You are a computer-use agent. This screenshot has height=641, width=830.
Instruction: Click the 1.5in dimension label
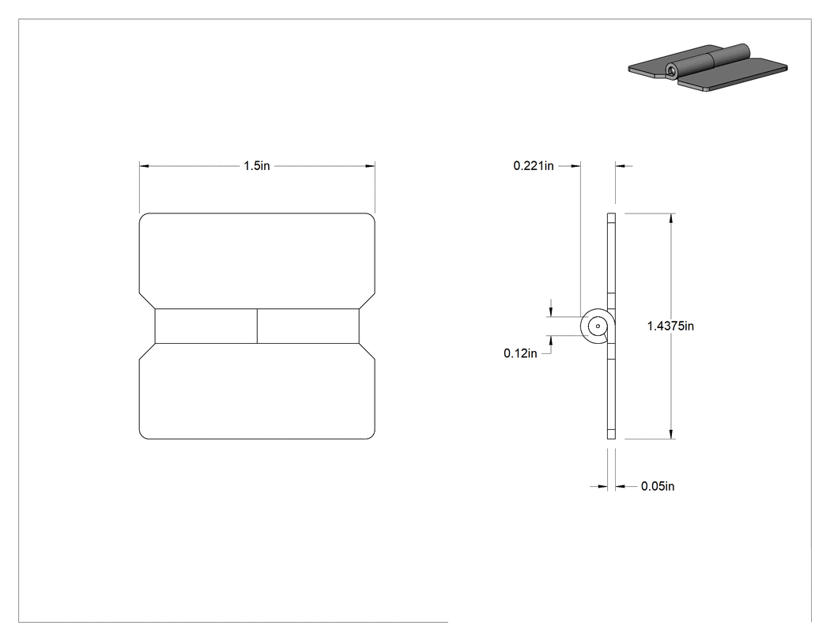[257, 166]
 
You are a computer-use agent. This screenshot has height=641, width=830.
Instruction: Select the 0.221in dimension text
[534, 166]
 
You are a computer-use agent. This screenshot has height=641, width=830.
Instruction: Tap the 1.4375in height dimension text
[670, 326]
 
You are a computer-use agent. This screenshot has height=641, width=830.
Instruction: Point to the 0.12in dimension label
[520, 353]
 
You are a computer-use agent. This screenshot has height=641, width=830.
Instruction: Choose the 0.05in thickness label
[658, 486]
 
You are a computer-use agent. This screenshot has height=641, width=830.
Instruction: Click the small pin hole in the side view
[598, 326]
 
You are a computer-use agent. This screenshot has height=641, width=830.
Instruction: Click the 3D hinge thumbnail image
[707, 66]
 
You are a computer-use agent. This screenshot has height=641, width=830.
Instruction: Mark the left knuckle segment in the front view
[206, 326]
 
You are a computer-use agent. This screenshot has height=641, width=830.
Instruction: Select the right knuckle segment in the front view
[308, 326]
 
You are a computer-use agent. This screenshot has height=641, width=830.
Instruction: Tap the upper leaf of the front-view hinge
[257, 260]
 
